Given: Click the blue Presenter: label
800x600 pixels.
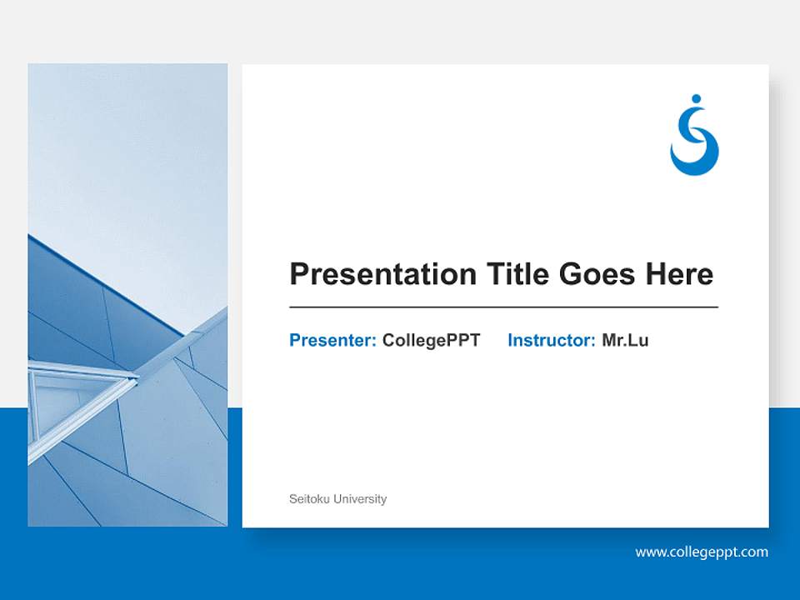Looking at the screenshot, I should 332,340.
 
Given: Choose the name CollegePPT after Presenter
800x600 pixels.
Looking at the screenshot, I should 431,340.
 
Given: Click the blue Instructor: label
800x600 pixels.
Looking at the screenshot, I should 551,340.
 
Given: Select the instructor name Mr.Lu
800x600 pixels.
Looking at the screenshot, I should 625,340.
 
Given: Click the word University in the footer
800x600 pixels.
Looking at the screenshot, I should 360,499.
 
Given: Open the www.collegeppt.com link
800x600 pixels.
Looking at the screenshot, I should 702,552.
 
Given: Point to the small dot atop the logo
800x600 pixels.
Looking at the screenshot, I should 696,100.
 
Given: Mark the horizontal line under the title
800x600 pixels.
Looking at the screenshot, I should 503,307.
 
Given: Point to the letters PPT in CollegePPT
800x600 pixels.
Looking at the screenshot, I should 464,340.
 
